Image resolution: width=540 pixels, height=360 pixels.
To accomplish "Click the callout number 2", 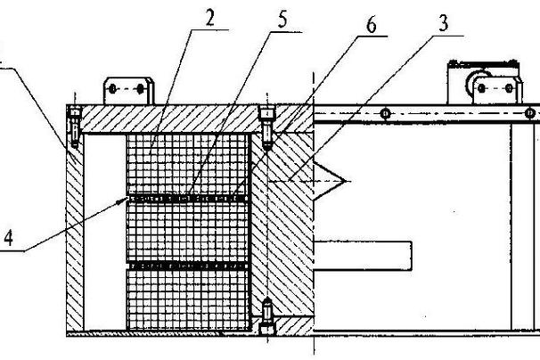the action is [210, 18].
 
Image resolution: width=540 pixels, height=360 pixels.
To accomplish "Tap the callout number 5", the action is [282, 20].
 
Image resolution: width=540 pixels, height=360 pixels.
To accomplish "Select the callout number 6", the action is [372, 25].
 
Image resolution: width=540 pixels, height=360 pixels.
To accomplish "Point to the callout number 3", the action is [443, 23].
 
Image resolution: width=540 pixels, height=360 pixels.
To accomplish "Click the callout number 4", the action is [8, 238].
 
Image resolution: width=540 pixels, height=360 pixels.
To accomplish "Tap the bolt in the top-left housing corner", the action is [75, 127].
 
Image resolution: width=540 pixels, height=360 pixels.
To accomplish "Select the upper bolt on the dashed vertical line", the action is [267, 128].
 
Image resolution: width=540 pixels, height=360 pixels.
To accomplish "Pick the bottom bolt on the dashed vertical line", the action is [267, 317].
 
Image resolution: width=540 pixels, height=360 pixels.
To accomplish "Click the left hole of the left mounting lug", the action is [112, 89].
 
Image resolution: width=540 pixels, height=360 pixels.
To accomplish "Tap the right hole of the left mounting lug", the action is [140, 89].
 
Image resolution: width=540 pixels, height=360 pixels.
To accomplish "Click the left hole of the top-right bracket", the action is [481, 88].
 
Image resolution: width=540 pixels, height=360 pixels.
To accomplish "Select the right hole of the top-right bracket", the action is [509, 88].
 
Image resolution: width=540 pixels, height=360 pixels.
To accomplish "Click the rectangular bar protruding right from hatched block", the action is [363, 256].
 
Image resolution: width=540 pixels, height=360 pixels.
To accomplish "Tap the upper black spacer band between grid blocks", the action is [188, 199].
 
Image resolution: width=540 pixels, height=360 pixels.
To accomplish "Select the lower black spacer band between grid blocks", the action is [188, 266].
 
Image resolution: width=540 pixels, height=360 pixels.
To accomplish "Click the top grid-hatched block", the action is [188, 164].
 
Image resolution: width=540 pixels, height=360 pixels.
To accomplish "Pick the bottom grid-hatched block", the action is [188, 300].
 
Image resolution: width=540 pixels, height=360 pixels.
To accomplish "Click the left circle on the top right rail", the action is [386, 113].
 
